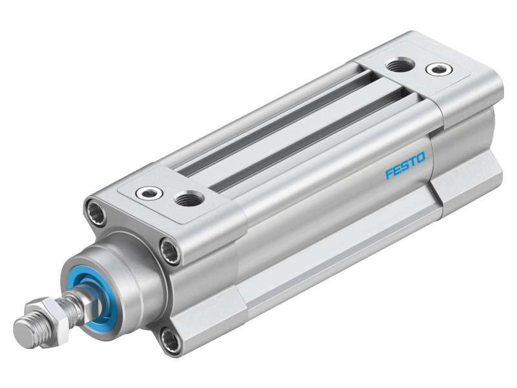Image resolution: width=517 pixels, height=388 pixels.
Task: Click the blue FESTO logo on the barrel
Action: pos(405,166)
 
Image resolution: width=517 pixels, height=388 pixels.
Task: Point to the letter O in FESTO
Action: pos(421,157)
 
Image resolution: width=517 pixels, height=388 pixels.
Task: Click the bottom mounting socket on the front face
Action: pos(170,341)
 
